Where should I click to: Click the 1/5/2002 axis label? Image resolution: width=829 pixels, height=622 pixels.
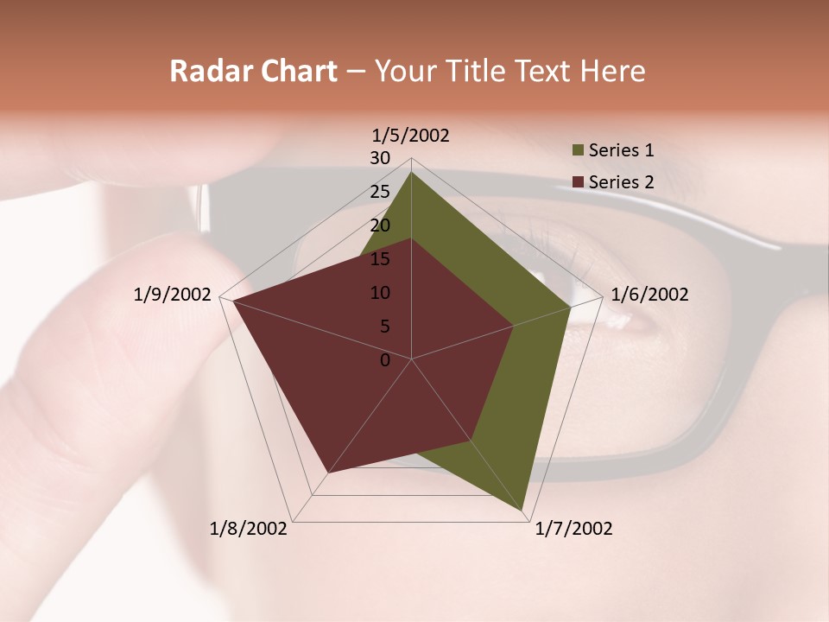(411, 135)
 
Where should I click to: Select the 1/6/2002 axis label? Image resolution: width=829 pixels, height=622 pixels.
(649, 295)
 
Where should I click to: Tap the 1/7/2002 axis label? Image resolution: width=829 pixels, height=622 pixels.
(573, 529)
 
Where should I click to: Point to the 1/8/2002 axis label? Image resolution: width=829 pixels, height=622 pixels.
(249, 529)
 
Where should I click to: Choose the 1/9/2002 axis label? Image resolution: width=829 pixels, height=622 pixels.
(173, 295)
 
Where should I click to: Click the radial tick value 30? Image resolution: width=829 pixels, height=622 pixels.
(380, 158)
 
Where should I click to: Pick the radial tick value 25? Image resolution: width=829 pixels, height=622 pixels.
(380, 192)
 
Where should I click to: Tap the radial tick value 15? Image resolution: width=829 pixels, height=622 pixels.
(380, 259)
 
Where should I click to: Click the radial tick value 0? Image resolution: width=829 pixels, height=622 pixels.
(385, 360)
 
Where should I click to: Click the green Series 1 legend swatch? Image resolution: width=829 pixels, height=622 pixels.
(578, 151)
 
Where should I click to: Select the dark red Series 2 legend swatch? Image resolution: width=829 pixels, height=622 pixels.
(578, 182)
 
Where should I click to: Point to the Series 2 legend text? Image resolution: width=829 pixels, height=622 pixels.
(621, 182)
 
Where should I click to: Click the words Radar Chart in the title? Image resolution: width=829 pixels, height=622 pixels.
(253, 71)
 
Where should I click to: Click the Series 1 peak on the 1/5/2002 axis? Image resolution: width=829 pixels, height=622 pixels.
(411, 172)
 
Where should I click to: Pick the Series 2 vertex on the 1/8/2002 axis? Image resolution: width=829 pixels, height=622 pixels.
(328, 473)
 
